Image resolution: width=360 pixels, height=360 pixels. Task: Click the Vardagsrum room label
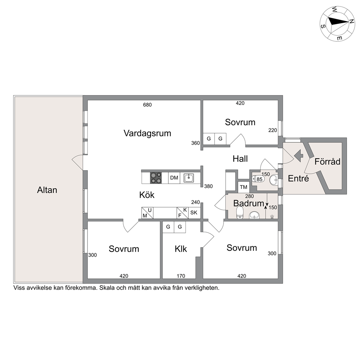point(147,133)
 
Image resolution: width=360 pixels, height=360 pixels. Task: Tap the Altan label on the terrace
point(47,190)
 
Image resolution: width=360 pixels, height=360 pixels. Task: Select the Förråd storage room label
point(327,161)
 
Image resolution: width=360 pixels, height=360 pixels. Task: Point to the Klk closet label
point(181,249)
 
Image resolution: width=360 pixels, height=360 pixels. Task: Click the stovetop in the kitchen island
point(156,178)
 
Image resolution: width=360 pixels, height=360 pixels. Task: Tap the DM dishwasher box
point(174,178)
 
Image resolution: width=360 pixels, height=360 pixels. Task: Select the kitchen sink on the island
point(189,178)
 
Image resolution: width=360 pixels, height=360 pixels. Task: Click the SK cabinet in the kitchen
point(194,213)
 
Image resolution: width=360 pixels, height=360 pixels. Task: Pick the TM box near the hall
point(244,187)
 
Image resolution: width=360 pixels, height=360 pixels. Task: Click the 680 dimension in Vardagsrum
point(147,105)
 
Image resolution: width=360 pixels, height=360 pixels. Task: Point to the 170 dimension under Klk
point(181,276)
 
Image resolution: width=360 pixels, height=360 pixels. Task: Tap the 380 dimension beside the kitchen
point(208,186)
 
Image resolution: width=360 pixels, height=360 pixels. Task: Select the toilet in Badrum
point(240,212)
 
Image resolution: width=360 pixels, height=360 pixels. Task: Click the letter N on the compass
point(351,21)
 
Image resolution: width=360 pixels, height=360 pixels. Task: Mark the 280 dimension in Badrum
point(249,196)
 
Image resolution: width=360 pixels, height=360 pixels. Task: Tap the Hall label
point(240,159)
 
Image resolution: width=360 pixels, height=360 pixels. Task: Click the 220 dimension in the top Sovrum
point(273,130)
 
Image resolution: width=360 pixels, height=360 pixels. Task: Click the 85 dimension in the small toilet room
point(259,179)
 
